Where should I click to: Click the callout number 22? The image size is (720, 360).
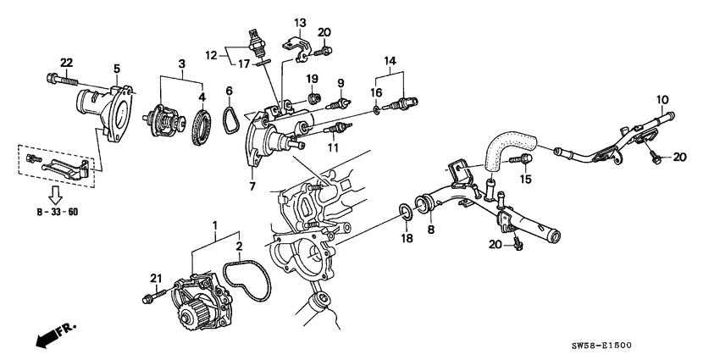point(65,62)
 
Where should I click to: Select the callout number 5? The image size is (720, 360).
point(117,69)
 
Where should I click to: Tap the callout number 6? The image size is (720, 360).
point(229,90)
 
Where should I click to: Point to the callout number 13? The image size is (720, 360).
point(300,21)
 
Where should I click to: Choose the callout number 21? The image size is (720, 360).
point(155,279)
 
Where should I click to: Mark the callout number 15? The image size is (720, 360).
point(525,180)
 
